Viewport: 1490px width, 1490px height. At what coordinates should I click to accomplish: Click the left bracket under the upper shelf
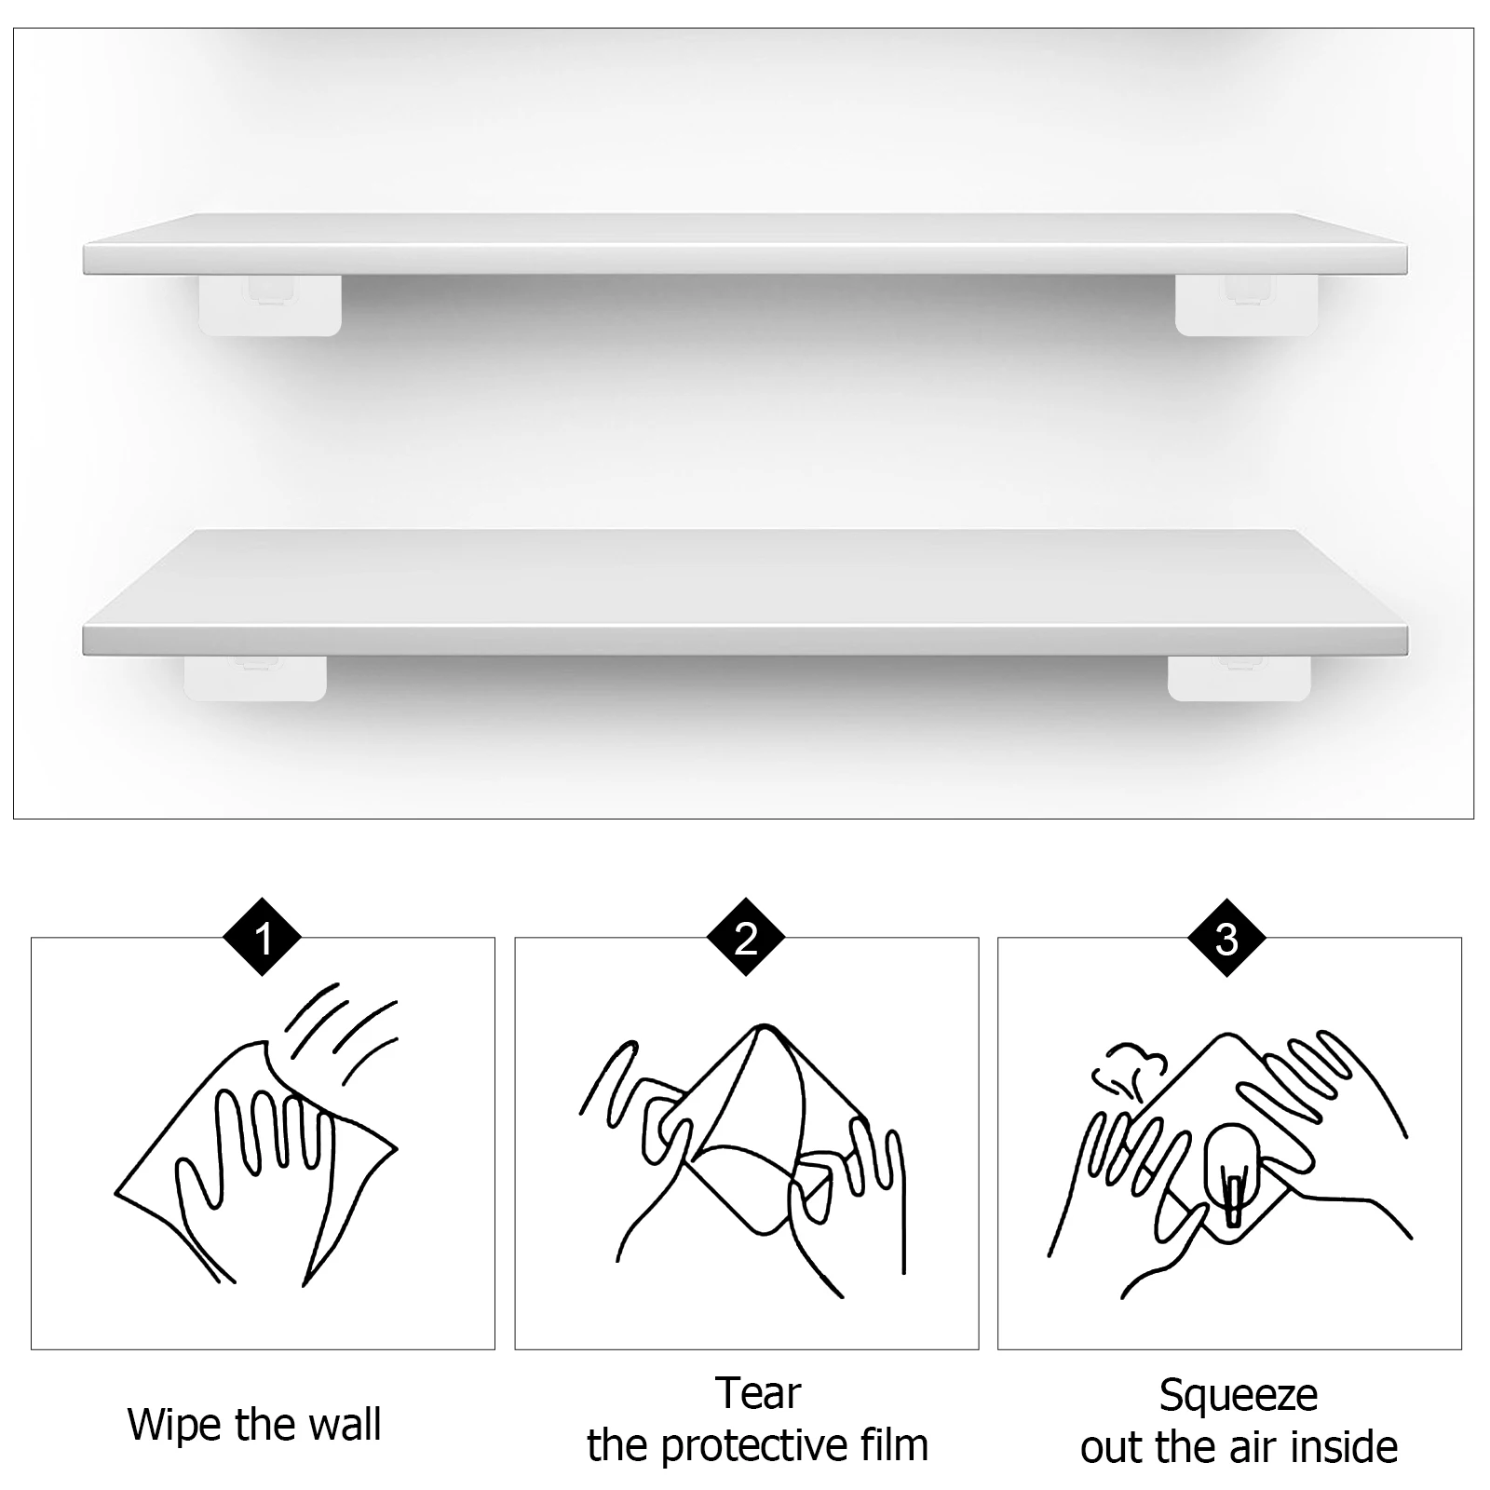(x=270, y=305)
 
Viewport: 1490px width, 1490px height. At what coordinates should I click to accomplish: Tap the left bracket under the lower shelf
(x=255, y=678)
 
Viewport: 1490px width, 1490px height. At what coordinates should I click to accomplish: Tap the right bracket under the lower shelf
(x=1239, y=678)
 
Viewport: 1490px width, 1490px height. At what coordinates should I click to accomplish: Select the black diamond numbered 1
(x=264, y=939)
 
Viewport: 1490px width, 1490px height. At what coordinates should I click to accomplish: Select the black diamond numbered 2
(x=746, y=939)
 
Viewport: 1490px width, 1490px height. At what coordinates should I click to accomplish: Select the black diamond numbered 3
(x=1227, y=939)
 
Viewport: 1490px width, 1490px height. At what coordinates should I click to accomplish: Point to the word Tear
(x=757, y=1394)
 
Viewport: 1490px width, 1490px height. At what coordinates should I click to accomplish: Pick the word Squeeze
(x=1238, y=1395)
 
